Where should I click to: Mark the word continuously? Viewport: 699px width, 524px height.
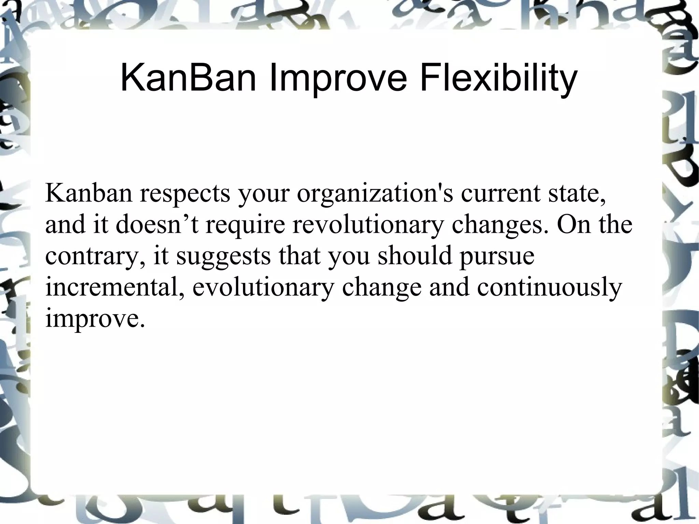pos(550,288)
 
